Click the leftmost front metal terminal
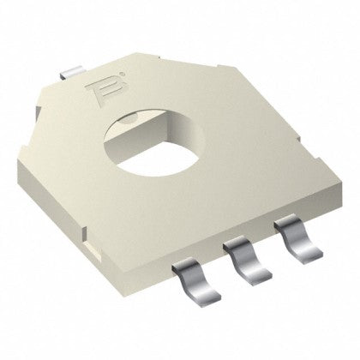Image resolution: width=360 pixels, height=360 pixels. pos(198,293)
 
